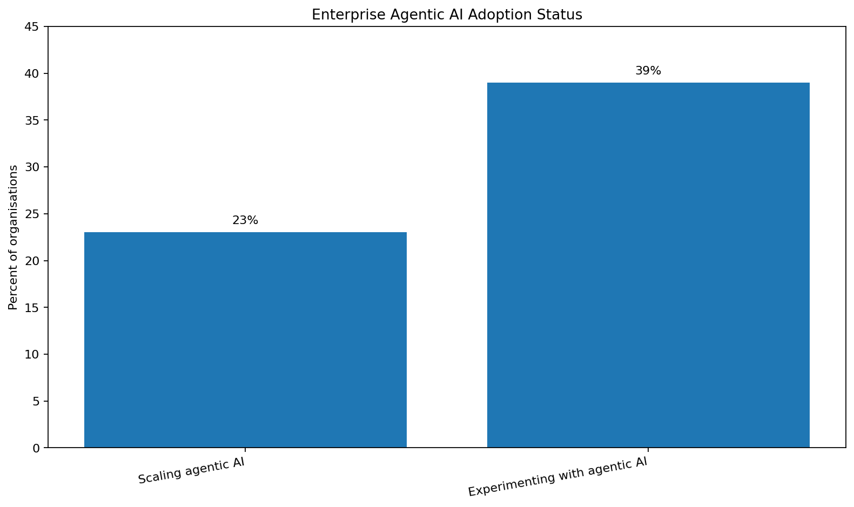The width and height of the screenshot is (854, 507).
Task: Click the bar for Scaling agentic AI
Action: [245, 340]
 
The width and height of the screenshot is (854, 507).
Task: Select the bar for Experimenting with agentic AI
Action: [648, 265]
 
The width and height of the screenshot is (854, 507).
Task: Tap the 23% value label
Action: [245, 220]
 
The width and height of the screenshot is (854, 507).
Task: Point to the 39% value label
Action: [648, 71]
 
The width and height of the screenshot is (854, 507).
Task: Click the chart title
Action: [447, 15]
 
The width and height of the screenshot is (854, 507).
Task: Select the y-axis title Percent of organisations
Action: [13, 237]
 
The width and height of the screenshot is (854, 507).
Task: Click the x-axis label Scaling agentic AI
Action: [191, 471]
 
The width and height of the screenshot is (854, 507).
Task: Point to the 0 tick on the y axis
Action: [36, 448]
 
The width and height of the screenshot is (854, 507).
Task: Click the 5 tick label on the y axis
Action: [36, 401]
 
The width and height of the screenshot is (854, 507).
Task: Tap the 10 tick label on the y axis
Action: [33, 354]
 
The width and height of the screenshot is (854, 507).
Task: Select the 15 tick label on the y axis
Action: [33, 308]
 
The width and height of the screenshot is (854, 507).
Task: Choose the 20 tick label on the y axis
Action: [33, 261]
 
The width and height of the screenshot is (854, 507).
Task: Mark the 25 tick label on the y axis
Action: [33, 214]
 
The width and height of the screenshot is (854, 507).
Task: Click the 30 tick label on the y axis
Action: [33, 167]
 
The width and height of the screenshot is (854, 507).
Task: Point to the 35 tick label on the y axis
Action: [33, 120]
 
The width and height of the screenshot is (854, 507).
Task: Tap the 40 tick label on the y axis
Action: [33, 73]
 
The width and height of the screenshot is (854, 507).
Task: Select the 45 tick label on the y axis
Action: [33, 26]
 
